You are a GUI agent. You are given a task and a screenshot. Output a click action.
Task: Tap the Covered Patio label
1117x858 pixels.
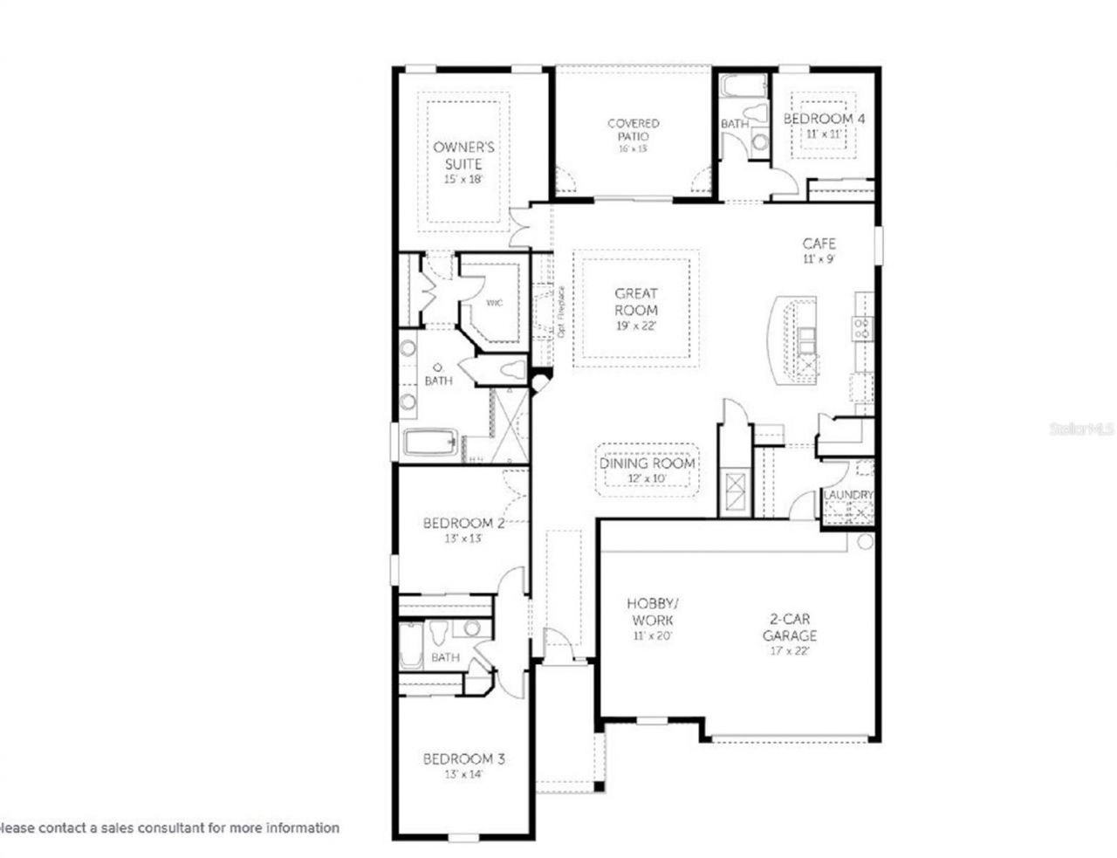(x=634, y=130)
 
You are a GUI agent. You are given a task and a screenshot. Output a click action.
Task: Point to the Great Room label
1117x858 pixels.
(x=636, y=302)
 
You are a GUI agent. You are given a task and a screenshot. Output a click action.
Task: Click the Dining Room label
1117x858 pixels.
(x=648, y=463)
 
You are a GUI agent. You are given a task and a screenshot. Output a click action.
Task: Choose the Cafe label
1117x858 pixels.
(x=819, y=244)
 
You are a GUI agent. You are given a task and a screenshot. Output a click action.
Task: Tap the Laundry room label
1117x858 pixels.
(x=848, y=495)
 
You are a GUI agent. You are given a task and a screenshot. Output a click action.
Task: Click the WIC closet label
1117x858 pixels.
(x=494, y=303)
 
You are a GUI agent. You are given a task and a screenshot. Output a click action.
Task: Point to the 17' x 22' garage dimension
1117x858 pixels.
(x=790, y=650)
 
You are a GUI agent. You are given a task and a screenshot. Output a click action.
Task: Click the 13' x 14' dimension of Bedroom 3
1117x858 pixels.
(x=463, y=774)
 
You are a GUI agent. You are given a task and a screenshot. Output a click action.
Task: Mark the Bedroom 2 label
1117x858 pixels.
(x=463, y=524)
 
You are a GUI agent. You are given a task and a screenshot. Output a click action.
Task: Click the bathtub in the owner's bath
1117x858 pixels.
(x=430, y=442)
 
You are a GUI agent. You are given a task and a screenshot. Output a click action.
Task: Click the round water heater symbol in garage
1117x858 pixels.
(x=865, y=542)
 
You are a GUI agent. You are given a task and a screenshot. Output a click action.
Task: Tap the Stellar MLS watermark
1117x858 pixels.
(x=1082, y=429)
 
